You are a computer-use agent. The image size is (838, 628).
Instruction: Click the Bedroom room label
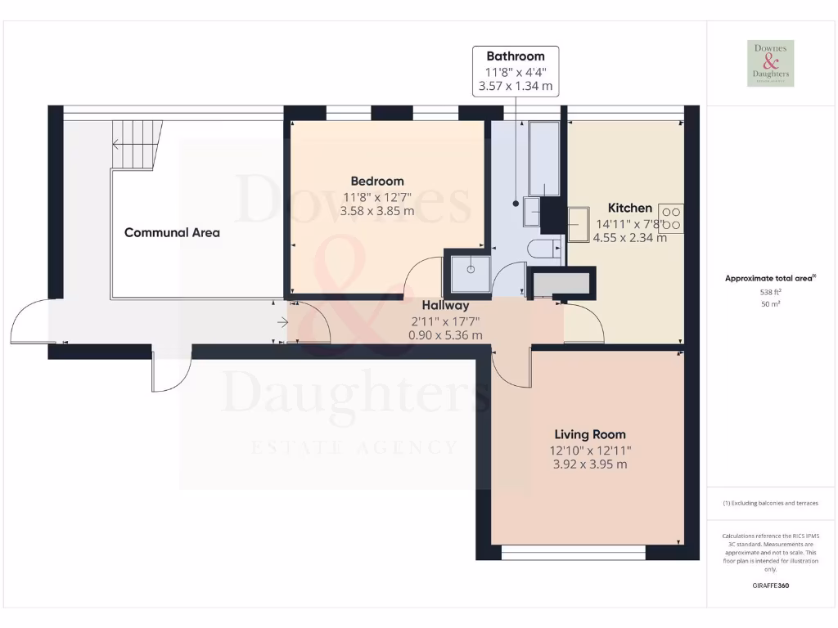(x=377, y=181)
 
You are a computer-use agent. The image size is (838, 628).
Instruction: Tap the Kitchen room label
(x=629, y=208)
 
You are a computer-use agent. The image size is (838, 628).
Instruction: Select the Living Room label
(x=590, y=434)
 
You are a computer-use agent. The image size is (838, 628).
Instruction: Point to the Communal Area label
(x=172, y=232)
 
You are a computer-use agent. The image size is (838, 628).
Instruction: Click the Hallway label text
(x=446, y=305)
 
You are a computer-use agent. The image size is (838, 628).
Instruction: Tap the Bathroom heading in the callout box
(x=516, y=56)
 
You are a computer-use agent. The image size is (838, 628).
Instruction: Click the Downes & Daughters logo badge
(x=770, y=63)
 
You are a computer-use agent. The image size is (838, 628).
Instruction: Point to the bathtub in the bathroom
(x=544, y=159)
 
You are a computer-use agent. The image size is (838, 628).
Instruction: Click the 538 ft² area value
(x=770, y=291)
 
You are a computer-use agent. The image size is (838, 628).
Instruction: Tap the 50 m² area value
(x=770, y=304)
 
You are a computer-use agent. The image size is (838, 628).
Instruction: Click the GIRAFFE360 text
(x=770, y=585)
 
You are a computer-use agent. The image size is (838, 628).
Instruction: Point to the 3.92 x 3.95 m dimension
(x=590, y=464)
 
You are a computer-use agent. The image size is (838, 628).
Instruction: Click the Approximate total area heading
(x=769, y=278)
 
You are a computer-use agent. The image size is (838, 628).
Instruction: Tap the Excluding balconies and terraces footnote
(x=770, y=503)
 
